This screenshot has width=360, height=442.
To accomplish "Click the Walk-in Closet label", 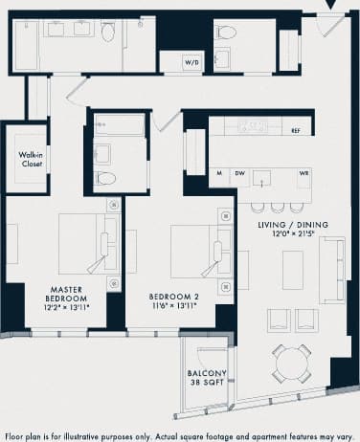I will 33,159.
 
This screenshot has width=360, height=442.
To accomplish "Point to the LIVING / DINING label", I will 293,225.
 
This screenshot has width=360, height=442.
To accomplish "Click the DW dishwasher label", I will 241,173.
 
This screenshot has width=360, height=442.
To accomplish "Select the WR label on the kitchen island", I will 304,173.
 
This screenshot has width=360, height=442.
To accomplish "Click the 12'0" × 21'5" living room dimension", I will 293,235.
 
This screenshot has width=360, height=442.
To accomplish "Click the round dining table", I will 289,363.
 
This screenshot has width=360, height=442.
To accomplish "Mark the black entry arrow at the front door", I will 329,6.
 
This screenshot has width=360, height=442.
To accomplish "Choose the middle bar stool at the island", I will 277,206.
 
